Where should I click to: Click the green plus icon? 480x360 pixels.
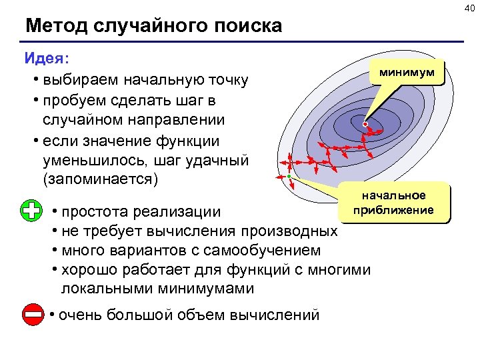pos(31,210)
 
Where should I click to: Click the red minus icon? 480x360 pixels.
pos(32,315)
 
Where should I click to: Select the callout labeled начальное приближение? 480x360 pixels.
pos(393,203)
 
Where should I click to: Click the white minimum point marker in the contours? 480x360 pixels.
pos(365,124)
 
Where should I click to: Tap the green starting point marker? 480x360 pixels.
pos(289,176)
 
